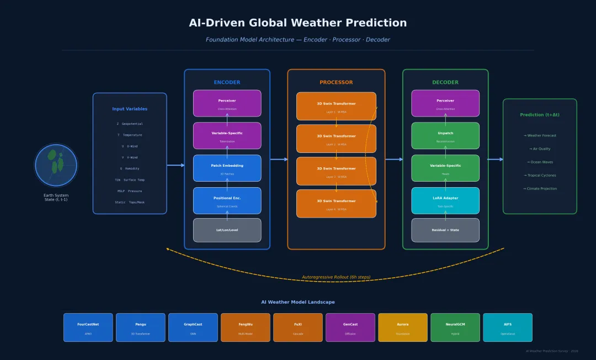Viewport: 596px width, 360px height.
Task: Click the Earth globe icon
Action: tap(56, 165)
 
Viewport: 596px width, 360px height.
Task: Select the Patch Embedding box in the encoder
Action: tap(227, 168)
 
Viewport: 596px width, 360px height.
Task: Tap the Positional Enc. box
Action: tap(227, 200)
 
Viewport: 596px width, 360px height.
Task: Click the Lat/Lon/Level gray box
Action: tap(227, 230)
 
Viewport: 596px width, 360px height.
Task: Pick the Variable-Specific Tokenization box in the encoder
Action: tap(227, 136)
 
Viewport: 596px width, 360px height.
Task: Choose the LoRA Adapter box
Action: tap(445, 200)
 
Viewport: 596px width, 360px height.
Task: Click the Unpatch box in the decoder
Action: tap(445, 136)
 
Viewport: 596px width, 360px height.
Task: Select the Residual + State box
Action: tap(445, 230)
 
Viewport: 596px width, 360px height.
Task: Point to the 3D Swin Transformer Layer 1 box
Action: tap(336, 106)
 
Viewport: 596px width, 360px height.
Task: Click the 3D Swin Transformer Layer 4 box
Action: tap(336, 204)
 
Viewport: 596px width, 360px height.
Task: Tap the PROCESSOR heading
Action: tap(336, 82)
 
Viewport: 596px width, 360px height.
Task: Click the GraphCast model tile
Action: tap(193, 327)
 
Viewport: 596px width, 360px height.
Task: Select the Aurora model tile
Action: tap(402, 327)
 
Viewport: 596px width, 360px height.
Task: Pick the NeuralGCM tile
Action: tap(455, 327)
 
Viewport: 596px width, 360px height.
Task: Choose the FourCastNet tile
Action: tap(88, 327)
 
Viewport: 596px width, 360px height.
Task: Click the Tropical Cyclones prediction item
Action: tap(540, 176)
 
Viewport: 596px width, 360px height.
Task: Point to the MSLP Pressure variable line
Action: tap(129, 191)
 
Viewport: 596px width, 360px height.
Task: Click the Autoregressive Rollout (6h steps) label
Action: tap(336, 277)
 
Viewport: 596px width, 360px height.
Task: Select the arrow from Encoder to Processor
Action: tap(279, 160)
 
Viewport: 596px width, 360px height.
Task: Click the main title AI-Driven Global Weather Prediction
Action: tap(297, 23)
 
